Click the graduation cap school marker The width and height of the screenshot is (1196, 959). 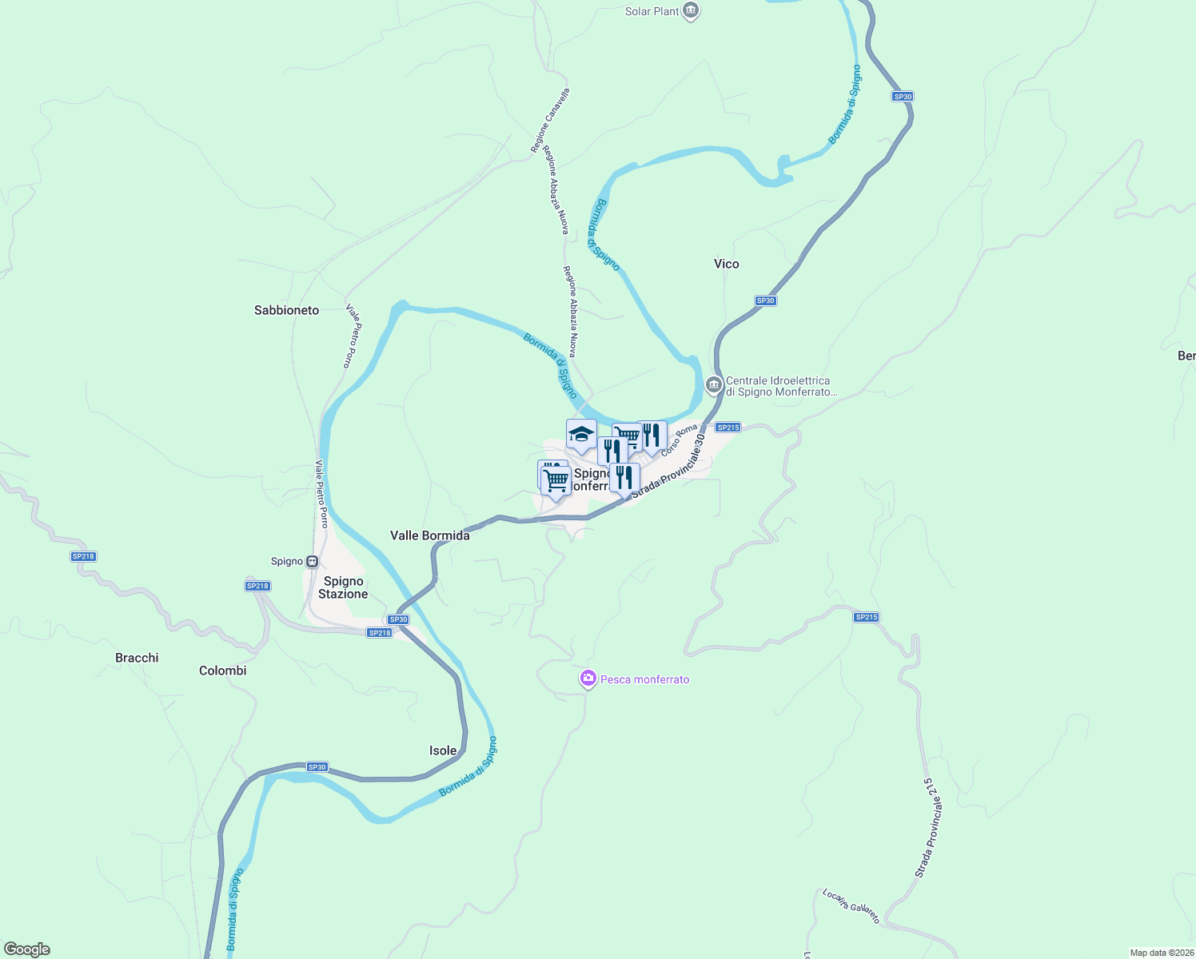tap(581, 434)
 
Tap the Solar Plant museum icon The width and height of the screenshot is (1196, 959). tap(692, 11)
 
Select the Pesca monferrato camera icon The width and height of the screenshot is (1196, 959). tap(588, 678)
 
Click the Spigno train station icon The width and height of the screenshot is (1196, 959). tap(313, 561)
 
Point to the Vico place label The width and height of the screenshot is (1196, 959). tap(726, 264)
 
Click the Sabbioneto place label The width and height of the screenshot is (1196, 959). tap(286, 310)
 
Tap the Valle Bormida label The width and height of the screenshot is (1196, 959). tap(429, 535)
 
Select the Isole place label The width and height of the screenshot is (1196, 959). tap(443, 750)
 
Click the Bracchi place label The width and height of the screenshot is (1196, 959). tap(137, 658)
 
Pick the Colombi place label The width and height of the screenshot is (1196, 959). tap(222, 671)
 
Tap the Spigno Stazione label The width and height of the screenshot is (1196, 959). tap(343, 587)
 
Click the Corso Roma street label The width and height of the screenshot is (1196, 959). tap(680, 440)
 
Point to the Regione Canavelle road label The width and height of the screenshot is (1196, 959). tap(550, 121)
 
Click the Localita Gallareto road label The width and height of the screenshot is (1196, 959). tap(851, 905)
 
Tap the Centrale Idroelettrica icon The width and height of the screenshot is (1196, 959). tap(714, 385)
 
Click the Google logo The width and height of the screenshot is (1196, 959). tap(27, 949)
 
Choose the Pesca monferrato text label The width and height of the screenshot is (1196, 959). tap(644, 679)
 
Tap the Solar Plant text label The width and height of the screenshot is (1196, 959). tap(652, 11)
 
